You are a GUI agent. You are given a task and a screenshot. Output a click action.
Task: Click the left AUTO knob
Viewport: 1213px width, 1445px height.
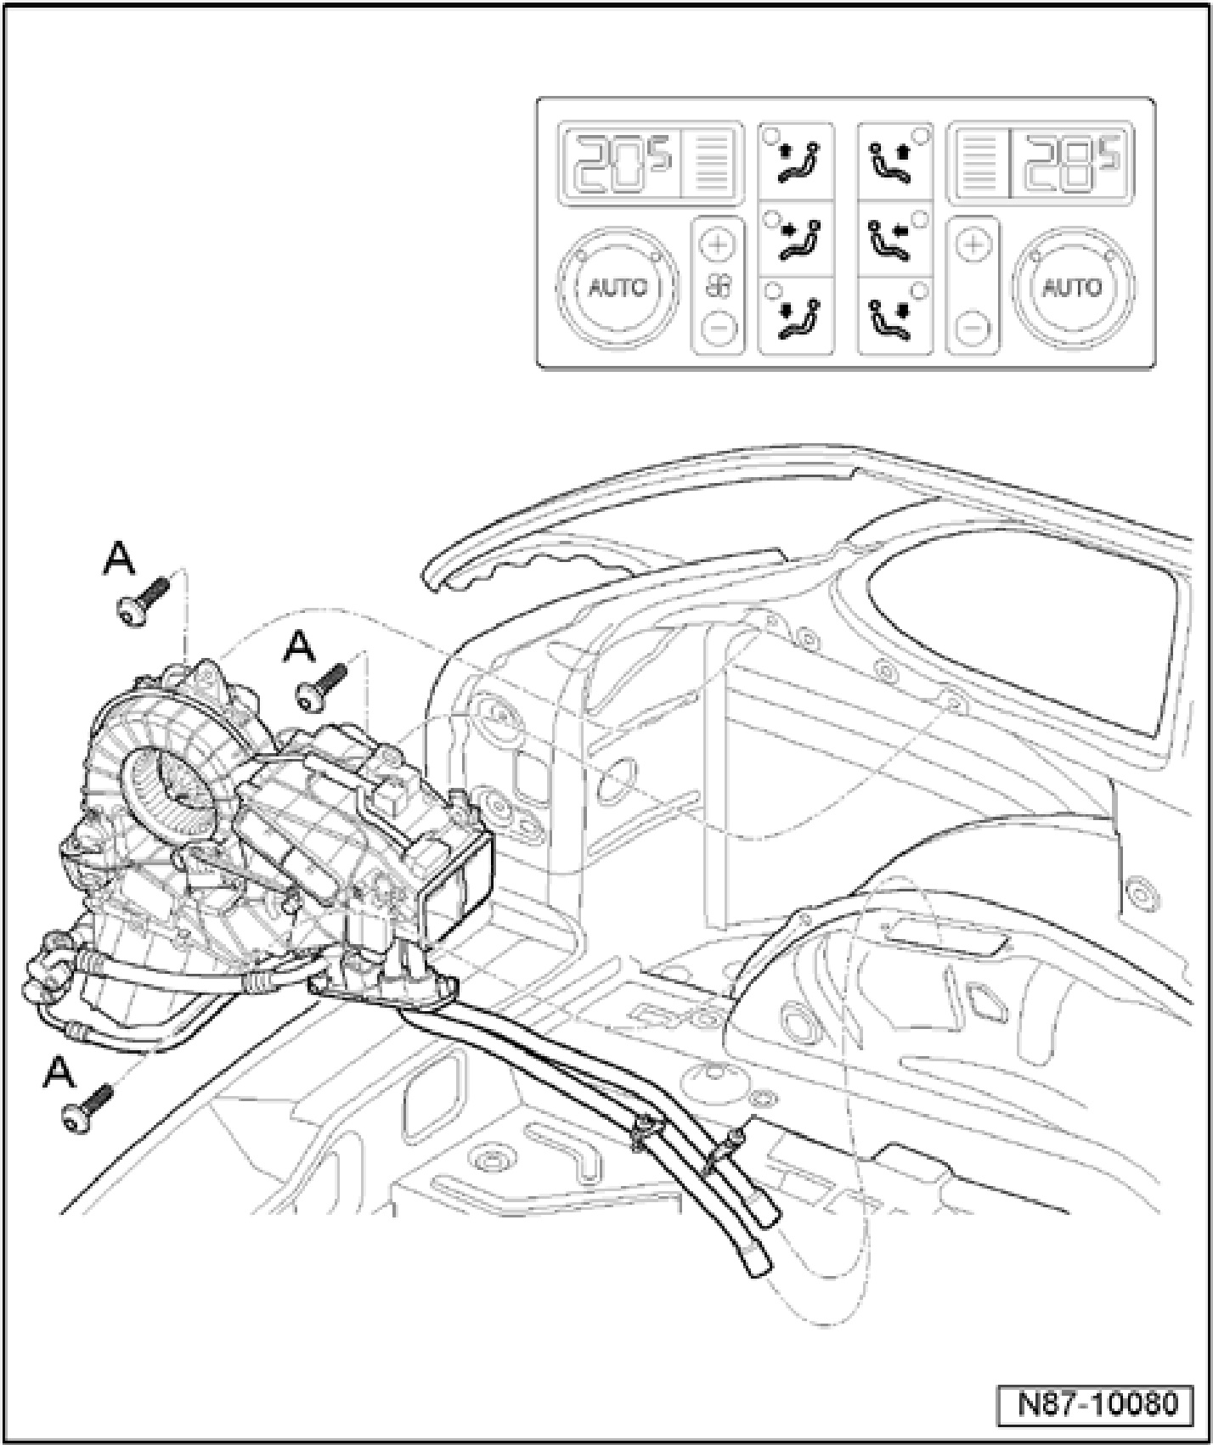[618, 287]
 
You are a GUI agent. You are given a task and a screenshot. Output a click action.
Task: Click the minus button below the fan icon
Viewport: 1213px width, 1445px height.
[718, 325]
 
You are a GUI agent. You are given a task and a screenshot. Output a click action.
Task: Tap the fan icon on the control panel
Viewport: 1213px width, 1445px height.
[719, 286]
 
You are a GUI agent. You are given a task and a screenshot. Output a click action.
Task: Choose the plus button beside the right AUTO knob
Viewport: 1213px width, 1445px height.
[973, 245]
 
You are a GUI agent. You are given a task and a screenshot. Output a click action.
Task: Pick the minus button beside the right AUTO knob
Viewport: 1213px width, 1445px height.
[973, 325]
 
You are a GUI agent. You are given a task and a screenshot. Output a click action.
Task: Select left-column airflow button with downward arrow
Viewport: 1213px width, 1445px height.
[796, 316]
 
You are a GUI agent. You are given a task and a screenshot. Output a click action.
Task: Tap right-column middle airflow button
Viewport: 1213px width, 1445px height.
[895, 239]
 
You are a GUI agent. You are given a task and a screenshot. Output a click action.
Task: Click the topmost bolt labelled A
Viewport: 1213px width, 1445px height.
[144, 602]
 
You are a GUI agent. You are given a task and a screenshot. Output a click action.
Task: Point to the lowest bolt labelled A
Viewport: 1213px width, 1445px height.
[87, 1105]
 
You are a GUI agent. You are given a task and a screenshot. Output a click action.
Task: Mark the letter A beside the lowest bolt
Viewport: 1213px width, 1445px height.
[59, 1072]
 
